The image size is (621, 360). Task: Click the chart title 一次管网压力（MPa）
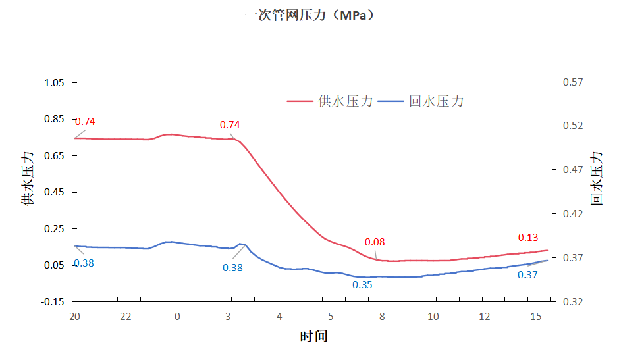coord(310,15)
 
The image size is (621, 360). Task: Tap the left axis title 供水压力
coord(28,178)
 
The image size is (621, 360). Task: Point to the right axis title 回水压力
coord(596,178)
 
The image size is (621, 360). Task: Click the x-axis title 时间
coord(313,336)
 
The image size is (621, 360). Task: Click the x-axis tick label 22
coord(126,317)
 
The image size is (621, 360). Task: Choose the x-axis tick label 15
coord(536,317)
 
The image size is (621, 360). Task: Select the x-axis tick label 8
coord(382,317)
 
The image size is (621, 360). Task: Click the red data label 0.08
coord(374,242)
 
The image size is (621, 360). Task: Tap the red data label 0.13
coord(528,238)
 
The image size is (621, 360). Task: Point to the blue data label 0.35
coord(362,285)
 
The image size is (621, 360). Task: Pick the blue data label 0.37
coord(527,275)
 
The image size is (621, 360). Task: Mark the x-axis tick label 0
coord(177,317)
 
